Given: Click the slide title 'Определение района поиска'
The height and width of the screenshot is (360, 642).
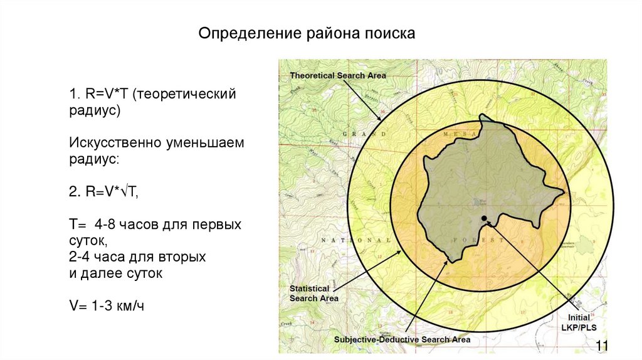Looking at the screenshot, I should [307, 33].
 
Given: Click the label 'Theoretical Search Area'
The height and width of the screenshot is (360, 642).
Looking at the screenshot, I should [338, 75].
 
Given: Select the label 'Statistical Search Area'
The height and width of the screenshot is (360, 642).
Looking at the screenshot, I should [313, 294].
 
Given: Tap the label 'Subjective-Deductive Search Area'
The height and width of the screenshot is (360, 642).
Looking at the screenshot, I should [402, 339].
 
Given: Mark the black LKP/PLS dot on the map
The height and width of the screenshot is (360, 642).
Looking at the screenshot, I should [484, 218].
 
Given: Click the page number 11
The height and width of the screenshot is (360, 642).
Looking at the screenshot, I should [603, 346].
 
